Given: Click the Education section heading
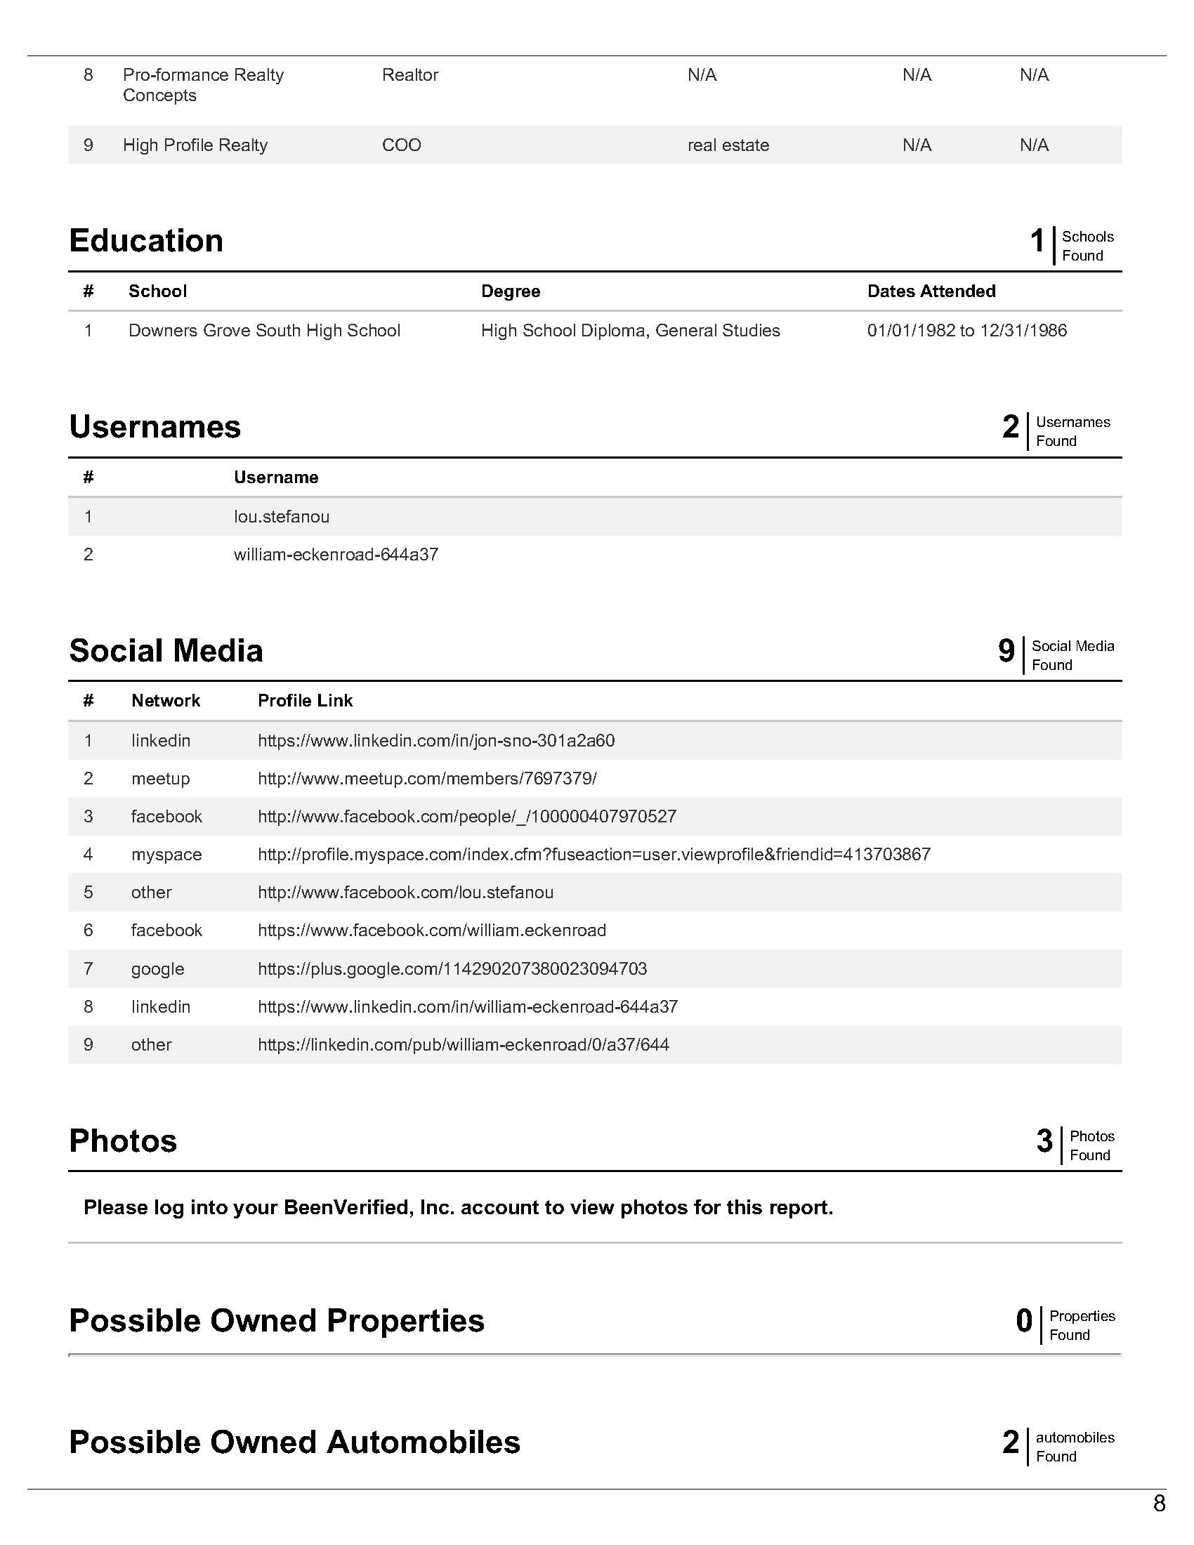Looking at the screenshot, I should click(146, 241).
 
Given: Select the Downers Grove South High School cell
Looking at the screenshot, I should click(264, 330).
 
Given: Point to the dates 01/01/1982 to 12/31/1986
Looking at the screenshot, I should click(966, 330).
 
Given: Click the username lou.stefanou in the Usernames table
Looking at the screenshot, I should click(282, 516).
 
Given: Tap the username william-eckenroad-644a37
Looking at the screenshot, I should click(336, 554).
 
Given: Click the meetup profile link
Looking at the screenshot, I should click(426, 778).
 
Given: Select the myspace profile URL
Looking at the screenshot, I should click(593, 854).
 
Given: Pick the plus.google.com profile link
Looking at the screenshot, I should click(452, 968).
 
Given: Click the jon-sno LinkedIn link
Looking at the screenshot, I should click(435, 740).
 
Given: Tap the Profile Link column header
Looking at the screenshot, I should click(305, 700).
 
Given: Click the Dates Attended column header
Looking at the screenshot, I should click(931, 291).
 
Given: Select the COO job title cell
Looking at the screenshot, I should click(401, 145).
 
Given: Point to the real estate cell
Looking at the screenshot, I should click(728, 145).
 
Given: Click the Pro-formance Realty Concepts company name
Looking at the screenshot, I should click(203, 85).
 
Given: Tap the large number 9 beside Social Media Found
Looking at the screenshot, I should click(1006, 651).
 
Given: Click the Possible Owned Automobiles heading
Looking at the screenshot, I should click(294, 1442).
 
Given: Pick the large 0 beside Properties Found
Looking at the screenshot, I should click(1023, 1321).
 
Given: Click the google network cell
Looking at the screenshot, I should click(157, 968).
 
